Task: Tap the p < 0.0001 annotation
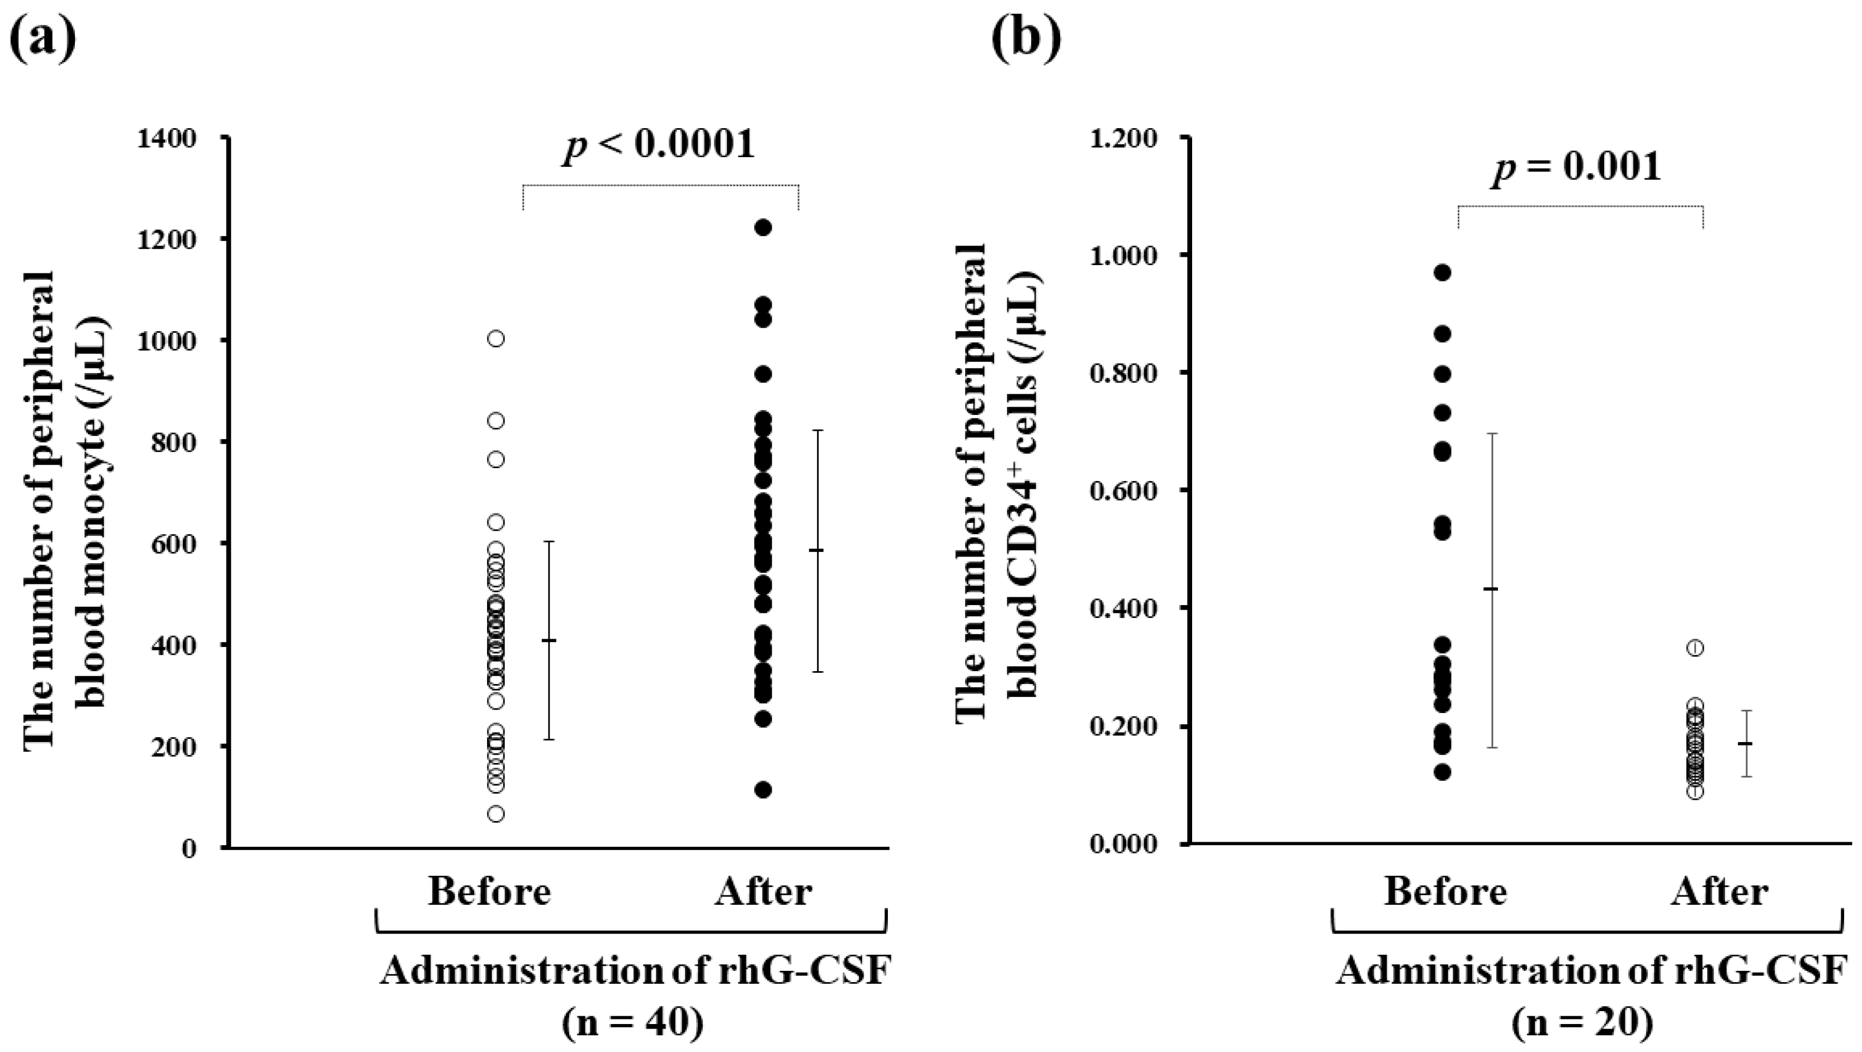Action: click(x=659, y=145)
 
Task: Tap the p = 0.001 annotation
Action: click(x=1576, y=167)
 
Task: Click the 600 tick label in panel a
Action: click(x=178, y=544)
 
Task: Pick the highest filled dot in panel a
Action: click(x=763, y=228)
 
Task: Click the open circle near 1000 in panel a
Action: click(x=496, y=338)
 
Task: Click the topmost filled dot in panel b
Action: click(x=1443, y=272)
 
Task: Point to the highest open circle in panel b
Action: click(x=1695, y=648)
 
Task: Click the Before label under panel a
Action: click(x=489, y=891)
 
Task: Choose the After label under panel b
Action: click(x=1719, y=891)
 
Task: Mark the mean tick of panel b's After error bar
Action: click(x=1745, y=743)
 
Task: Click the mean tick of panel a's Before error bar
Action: click(x=549, y=640)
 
